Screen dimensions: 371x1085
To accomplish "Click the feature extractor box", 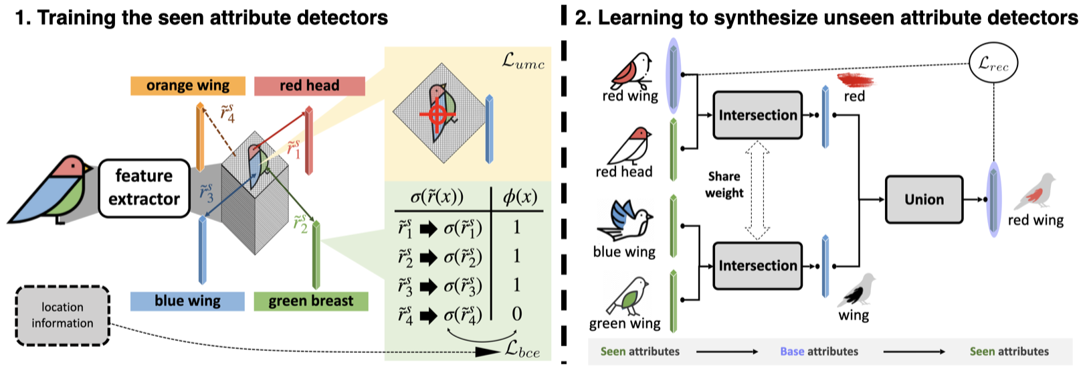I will [x=144, y=188].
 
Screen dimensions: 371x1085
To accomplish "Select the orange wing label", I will [x=188, y=86].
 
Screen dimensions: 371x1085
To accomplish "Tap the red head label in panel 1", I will [x=309, y=86].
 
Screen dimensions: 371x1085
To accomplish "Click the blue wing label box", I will [x=187, y=301].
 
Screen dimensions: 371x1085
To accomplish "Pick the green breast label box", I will [x=311, y=301].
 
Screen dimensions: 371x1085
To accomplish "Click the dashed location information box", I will [x=62, y=315].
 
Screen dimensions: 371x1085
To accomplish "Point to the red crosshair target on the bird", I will [x=437, y=115].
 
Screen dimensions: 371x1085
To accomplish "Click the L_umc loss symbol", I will [x=523, y=62].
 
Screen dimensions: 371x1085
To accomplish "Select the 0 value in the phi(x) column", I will [x=517, y=313].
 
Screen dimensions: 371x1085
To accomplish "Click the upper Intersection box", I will [x=757, y=115].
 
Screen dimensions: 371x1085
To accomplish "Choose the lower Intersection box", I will [x=757, y=266].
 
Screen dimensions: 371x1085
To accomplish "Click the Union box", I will [x=924, y=200].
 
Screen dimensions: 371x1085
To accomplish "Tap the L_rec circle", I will [x=993, y=64].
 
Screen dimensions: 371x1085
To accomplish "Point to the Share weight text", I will [x=724, y=185].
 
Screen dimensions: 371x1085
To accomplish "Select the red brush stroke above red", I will [x=856, y=80].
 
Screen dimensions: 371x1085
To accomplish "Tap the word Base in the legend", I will [x=792, y=352].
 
